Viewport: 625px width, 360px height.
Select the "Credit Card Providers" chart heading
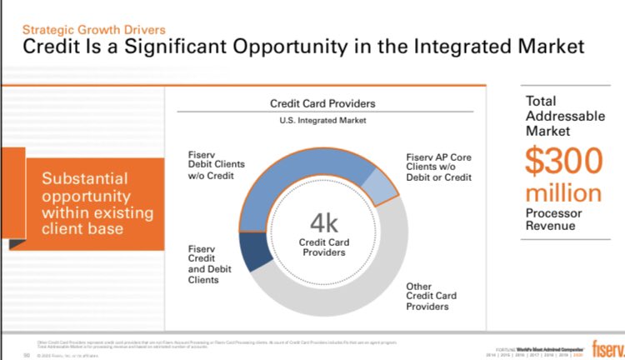click(x=322, y=104)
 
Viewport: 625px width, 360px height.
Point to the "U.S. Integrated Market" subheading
click(x=322, y=122)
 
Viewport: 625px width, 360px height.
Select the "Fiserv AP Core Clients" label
click(x=438, y=167)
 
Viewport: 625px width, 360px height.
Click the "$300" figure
click(x=562, y=161)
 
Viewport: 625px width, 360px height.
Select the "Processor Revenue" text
click(x=550, y=219)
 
